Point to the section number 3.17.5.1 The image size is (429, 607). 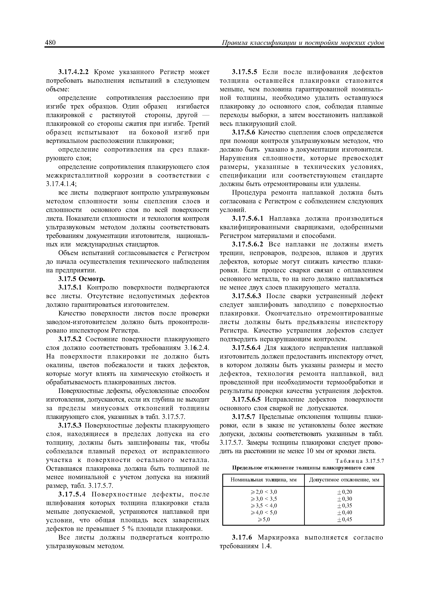pos(71,287)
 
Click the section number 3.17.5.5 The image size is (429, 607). pos(244,72)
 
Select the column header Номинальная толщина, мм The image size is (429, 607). pos(263,480)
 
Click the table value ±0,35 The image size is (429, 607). pos(344,505)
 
